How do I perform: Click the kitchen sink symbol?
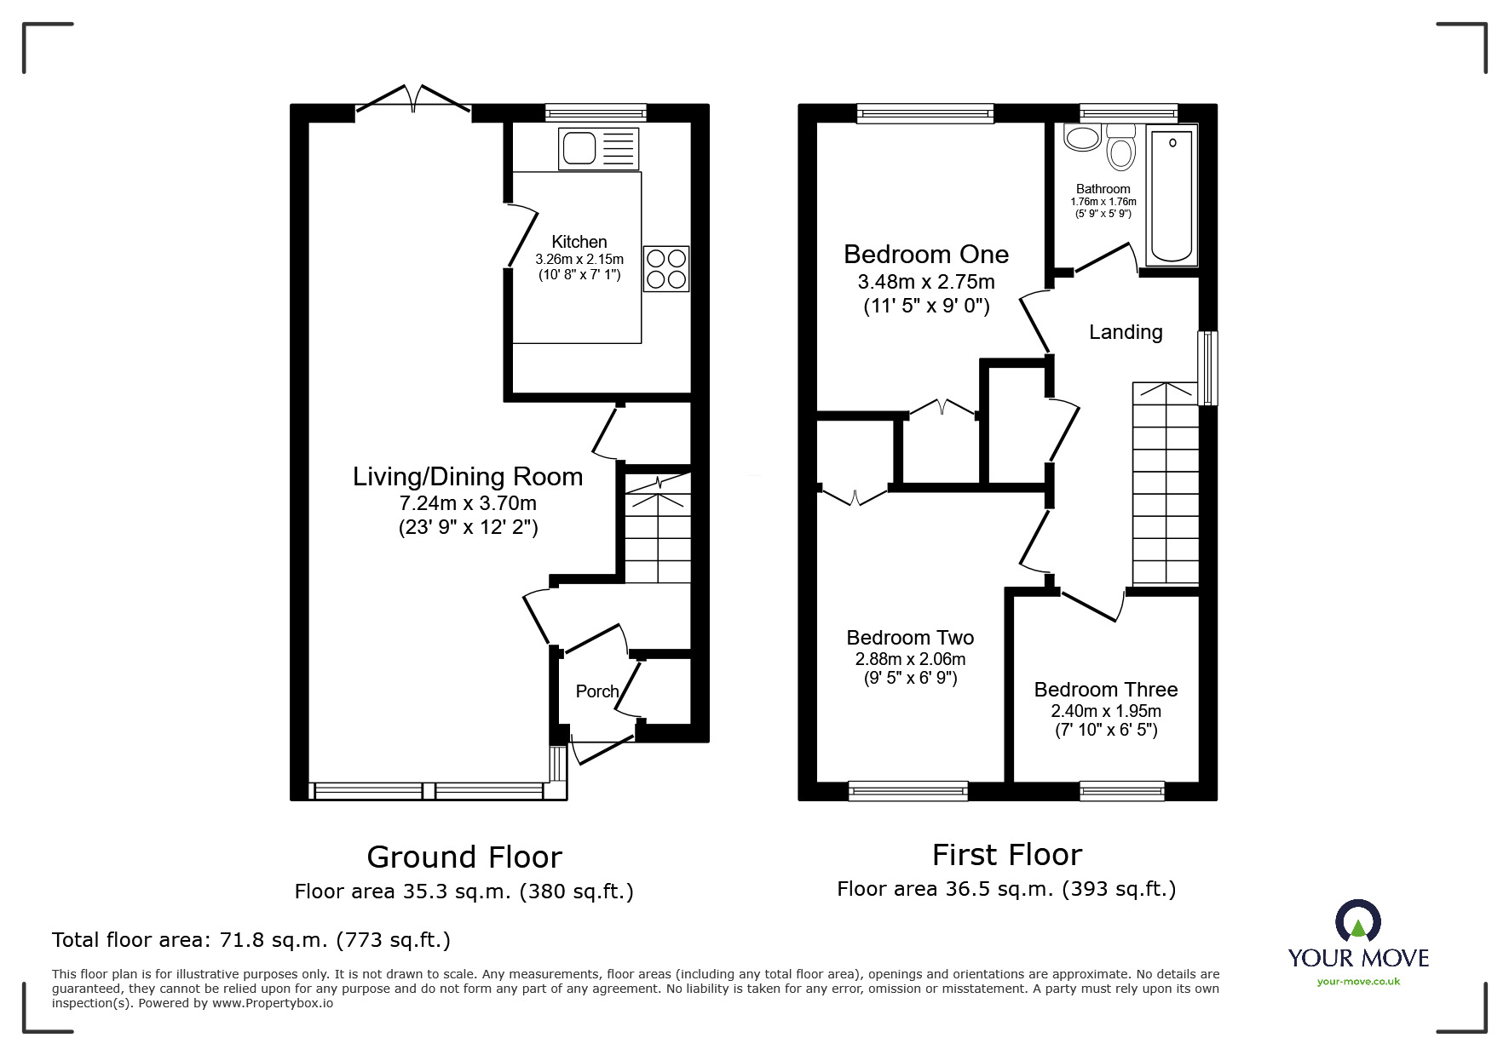tap(598, 149)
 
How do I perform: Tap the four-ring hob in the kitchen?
tap(666, 268)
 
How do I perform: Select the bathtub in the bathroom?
tap(1172, 195)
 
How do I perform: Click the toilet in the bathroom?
tap(1120, 148)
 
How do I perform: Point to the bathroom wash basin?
tap(1082, 138)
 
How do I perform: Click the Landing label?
tap(1126, 332)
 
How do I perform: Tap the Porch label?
tap(596, 691)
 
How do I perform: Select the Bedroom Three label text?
tap(1105, 690)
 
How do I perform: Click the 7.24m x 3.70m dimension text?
tap(468, 503)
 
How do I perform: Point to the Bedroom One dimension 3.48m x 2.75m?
tap(926, 282)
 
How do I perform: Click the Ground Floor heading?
tap(464, 857)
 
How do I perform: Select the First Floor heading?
tap(1006, 854)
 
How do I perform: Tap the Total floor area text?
tap(251, 940)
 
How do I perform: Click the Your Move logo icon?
tap(1357, 921)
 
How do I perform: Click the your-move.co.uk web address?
tap(1358, 982)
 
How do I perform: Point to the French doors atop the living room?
tap(413, 100)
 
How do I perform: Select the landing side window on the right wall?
tap(1207, 368)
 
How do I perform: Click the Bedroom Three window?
tap(1121, 791)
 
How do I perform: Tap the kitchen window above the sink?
tap(596, 112)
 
